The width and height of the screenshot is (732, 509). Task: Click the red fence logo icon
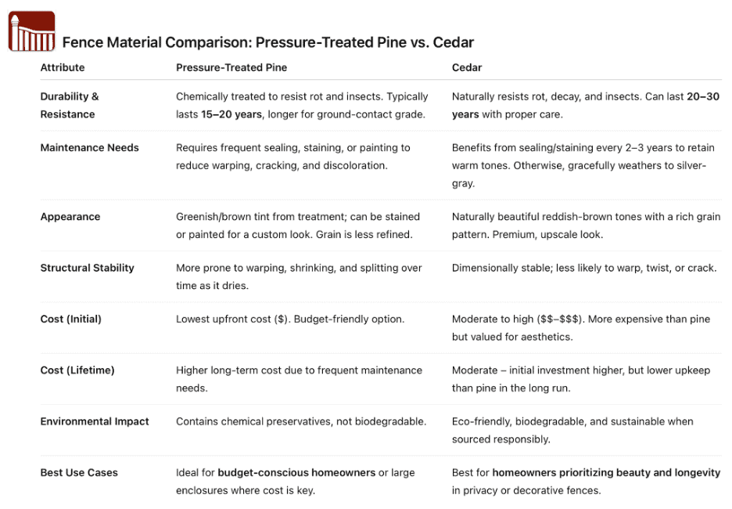pos(31,31)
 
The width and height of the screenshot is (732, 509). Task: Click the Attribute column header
pos(63,67)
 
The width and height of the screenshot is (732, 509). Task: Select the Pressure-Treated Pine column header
pos(231,67)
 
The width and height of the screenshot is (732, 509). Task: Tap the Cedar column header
pos(467,67)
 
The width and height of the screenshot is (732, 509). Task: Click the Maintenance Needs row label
pos(89,147)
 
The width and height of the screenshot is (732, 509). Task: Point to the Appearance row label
pos(70,217)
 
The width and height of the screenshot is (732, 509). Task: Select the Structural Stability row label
pos(87,268)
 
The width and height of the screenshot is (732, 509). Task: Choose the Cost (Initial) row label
pos(70,319)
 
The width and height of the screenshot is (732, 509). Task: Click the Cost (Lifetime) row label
pos(77,370)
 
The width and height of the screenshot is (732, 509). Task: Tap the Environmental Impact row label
pos(95,421)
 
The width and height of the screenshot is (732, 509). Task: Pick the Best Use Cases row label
pos(79,473)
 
